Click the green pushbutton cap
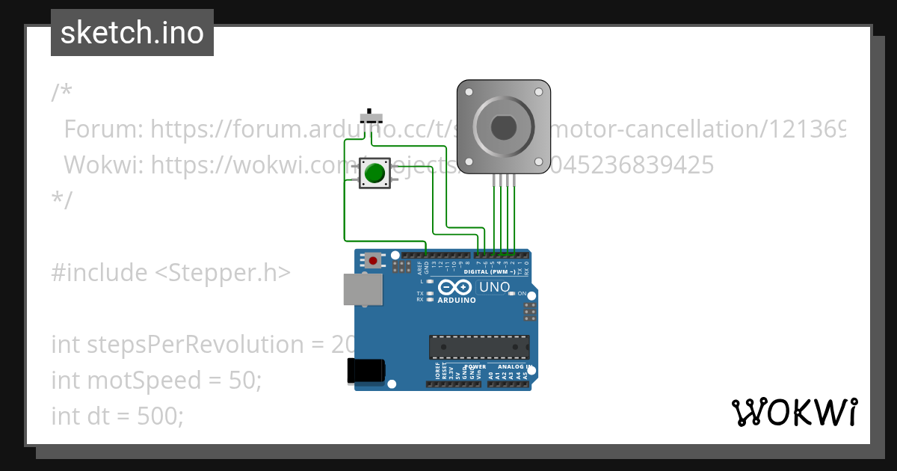coord(374,173)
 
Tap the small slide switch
coord(372,117)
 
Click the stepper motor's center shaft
coord(503,128)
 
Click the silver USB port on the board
coord(363,289)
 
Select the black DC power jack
coord(366,372)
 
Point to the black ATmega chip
coord(479,348)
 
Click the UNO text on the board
coord(494,287)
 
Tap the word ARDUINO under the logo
coord(457,300)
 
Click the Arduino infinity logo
coord(456,287)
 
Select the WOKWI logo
coord(795,412)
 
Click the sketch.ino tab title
coord(132,33)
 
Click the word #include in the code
coord(99,273)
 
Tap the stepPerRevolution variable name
coord(180,345)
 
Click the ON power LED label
coord(522,294)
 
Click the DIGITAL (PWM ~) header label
coord(491,271)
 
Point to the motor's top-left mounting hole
coord(469,93)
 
